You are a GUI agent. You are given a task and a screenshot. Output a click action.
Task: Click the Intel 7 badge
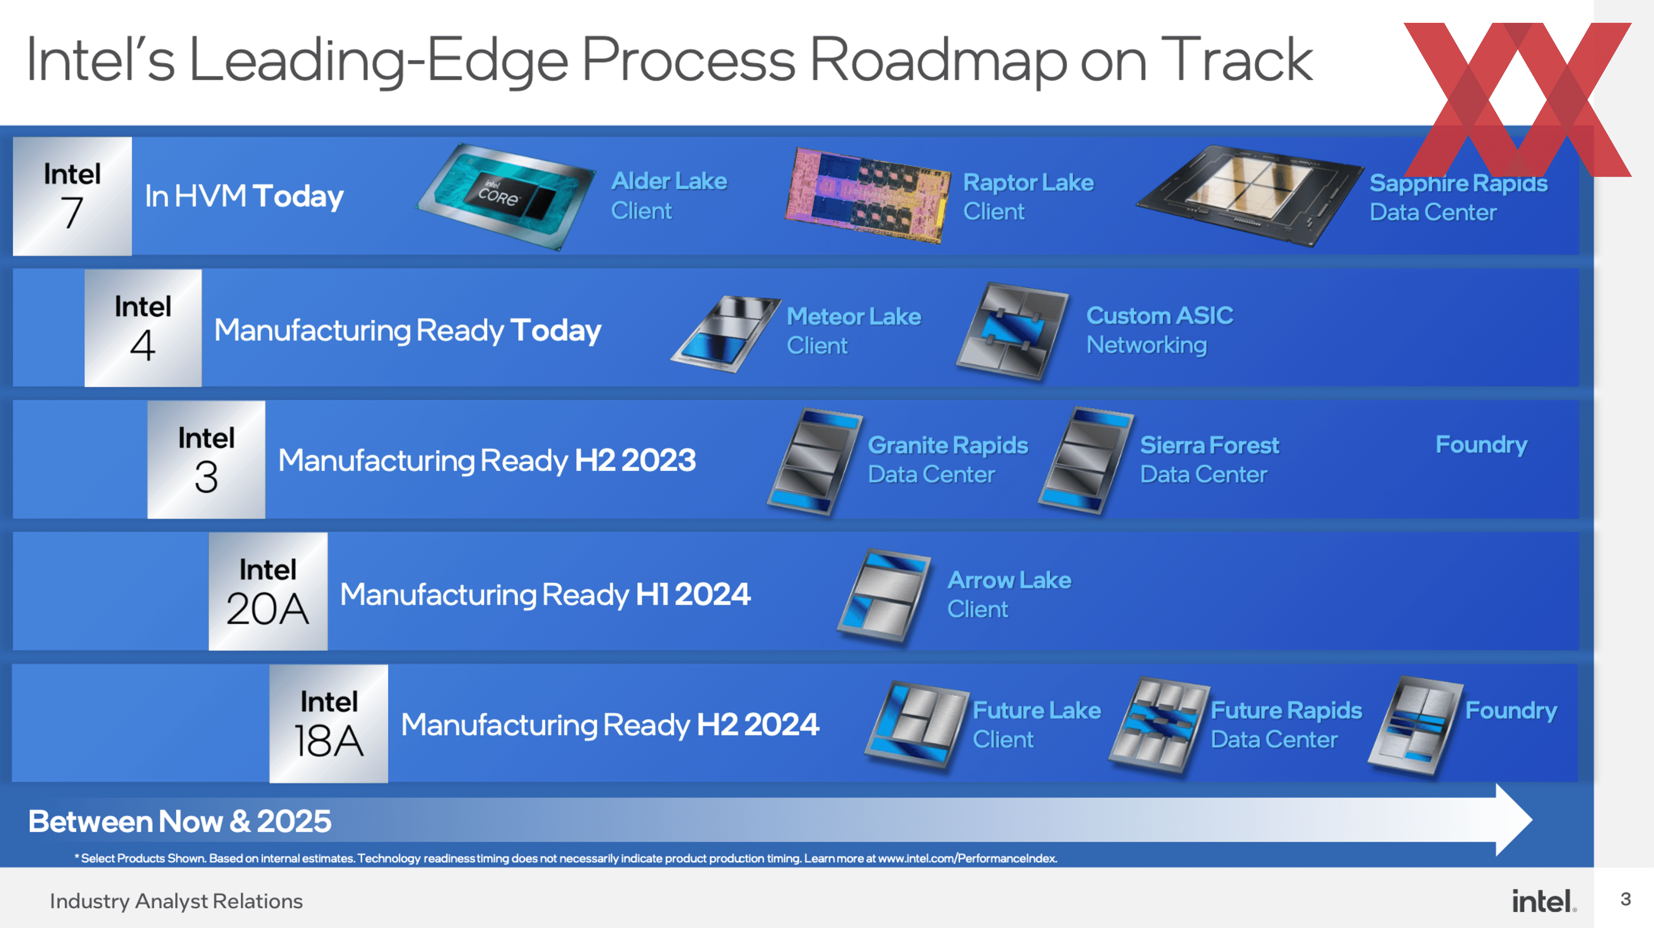pos(72,196)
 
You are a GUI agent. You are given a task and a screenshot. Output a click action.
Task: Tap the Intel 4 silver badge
pos(143,328)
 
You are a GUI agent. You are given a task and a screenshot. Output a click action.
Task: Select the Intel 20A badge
pos(268,591)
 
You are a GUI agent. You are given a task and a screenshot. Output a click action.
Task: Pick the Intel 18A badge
pos(328,723)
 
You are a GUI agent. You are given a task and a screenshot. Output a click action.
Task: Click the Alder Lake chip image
pos(506,196)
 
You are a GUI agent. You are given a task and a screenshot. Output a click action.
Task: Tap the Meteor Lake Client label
pos(853,331)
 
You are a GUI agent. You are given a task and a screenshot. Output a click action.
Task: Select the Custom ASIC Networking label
pos(1159,330)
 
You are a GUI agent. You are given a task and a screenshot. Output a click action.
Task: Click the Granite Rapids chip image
pos(814,461)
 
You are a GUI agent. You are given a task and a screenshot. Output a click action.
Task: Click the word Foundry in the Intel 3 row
pos(1481,445)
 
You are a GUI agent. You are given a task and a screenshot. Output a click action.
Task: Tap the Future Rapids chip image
pos(1159,725)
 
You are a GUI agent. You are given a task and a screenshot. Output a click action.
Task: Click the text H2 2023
pos(635,460)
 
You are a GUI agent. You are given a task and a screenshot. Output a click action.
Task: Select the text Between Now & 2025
pos(180,821)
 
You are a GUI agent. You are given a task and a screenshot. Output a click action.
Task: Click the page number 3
pos(1625,899)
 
